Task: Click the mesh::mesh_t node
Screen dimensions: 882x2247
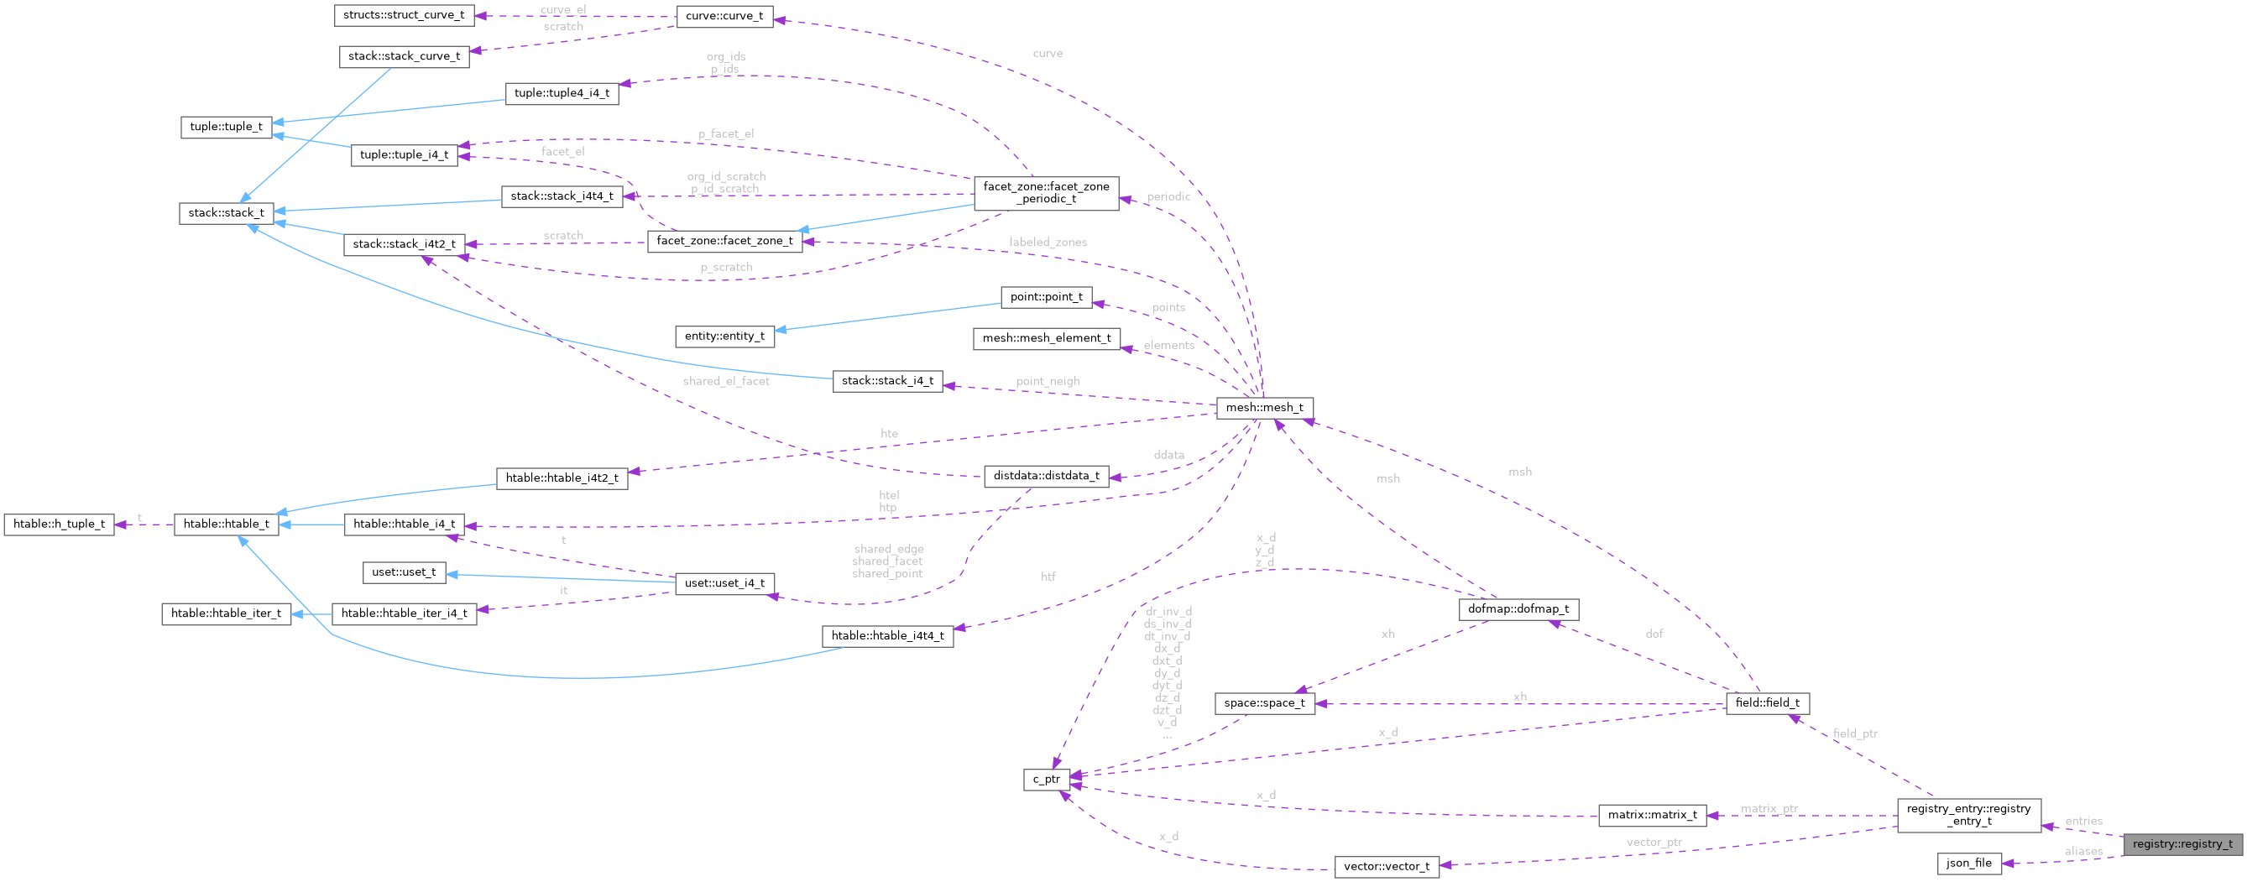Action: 1264,407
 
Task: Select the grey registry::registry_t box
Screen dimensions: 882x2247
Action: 2182,843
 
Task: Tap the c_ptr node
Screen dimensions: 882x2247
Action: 1046,779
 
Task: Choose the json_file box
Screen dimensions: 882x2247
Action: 1968,863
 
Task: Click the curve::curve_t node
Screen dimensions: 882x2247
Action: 724,16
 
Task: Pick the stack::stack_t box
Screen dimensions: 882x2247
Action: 226,213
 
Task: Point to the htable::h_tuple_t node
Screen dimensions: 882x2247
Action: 59,525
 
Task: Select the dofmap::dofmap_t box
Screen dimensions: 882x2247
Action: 1518,609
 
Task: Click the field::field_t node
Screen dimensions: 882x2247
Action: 1767,703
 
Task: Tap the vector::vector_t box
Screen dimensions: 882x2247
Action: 1386,866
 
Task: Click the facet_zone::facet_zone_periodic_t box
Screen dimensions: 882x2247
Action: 1046,193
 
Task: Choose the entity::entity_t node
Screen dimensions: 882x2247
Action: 724,336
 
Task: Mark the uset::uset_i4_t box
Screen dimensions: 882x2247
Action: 724,582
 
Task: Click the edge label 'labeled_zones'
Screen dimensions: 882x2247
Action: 1048,243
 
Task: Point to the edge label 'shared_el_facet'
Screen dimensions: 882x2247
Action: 726,381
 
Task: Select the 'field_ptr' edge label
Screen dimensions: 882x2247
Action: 1854,733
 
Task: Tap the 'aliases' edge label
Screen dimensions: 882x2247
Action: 2083,852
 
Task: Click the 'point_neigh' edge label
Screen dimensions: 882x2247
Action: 1047,381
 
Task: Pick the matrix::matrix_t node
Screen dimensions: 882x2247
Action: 1652,815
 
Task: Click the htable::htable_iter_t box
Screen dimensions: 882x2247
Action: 226,613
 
